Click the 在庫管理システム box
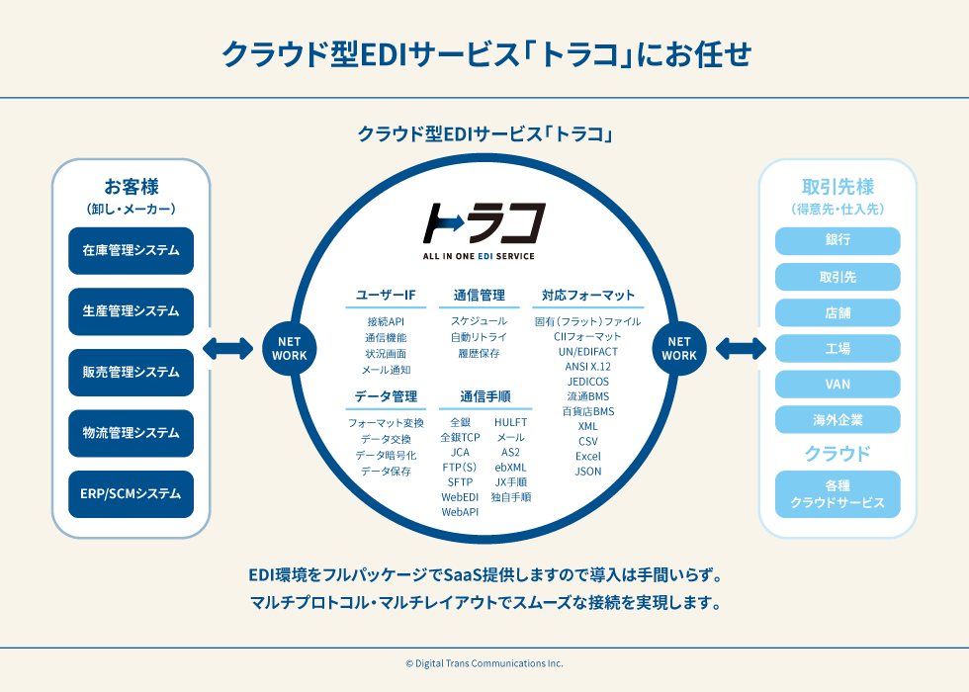pyautogui.click(x=131, y=251)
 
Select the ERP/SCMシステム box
pyautogui.click(x=131, y=493)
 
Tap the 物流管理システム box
pyautogui.click(x=131, y=433)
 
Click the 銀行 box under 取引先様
pyautogui.click(x=837, y=240)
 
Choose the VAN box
pyautogui.click(x=837, y=384)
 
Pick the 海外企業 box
pyautogui.click(x=837, y=420)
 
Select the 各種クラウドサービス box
pyautogui.click(x=837, y=494)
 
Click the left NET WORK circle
pyautogui.click(x=289, y=348)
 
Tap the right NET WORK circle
pyautogui.click(x=679, y=348)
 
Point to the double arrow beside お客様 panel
pyautogui.click(x=227, y=348)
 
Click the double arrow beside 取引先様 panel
pyautogui.click(x=742, y=348)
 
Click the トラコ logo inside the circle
pyautogui.click(x=484, y=225)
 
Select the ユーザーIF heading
pyautogui.click(x=386, y=295)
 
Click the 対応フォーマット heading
pyautogui.click(x=588, y=295)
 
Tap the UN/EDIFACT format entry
pyautogui.click(x=587, y=351)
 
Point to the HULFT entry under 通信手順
pyautogui.click(x=510, y=422)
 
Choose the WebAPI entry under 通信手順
pyautogui.click(x=460, y=512)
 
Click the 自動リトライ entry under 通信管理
pyautogui.click(x=479, y=337)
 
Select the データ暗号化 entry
pyautogui.click(x=386, y=455)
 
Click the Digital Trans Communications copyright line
pyautogui.click(x=484, y=663)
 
